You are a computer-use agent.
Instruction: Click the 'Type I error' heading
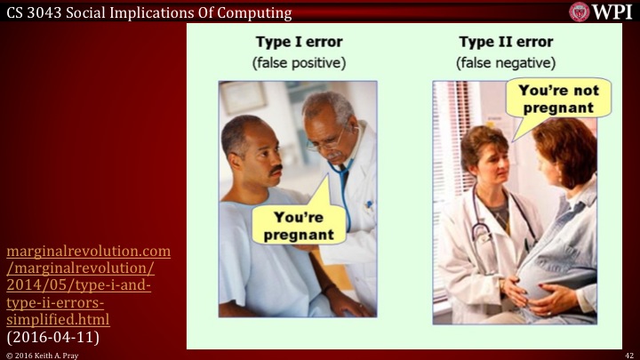click(x=299, y=42)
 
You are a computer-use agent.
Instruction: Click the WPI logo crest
click(x=580, y=11)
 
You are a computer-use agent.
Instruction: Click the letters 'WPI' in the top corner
click(x=611, y=11)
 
